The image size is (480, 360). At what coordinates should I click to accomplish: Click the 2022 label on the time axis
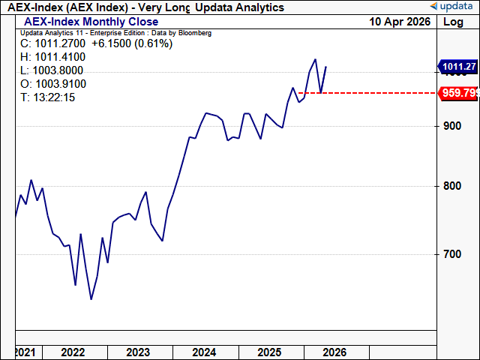tap(73, 352)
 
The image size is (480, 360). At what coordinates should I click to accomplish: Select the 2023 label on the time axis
tap(138, 352)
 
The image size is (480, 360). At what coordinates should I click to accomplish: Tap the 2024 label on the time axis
tap(203, 352)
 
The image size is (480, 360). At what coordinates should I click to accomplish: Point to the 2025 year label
tap(268, 352)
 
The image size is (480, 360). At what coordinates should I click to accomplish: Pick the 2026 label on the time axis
tap(334, 352)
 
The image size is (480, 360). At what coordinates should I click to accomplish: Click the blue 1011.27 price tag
tap(459, 67)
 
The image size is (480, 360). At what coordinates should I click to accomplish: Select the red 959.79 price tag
tap(459, 93)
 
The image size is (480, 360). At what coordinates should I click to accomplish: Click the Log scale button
tap(454, 22)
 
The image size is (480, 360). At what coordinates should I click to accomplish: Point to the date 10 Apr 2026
tap(400, 22)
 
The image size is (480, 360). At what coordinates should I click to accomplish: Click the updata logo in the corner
tap(452, 7)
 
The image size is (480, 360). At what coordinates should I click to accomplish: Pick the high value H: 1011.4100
tap(53, 57)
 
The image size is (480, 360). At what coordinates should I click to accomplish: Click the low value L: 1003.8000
tap(53, 70)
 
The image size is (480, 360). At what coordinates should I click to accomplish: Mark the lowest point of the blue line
tap(91, 300)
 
